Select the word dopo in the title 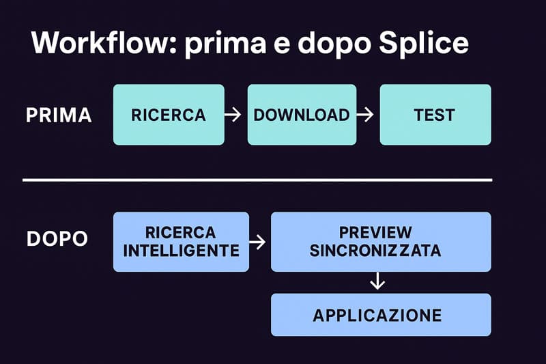pos(322,44)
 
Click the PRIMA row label pos(59,115)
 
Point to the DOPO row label pos(57,240)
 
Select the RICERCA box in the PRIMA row pos(169,115)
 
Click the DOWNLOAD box pos(302,115)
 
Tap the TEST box pos(435,115)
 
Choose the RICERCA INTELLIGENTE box pos(181,242)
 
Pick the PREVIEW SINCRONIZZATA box pos(381,242)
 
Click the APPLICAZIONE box pos(381,315)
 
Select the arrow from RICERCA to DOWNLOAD pos(233,115)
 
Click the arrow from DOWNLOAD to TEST pos(366,115)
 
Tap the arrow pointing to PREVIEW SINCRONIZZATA pos(258,242)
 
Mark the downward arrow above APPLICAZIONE pos(376,281)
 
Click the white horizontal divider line pos(257,180)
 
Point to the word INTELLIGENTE pos(181,251)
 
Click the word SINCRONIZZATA pos(375,251)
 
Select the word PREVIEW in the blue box pos(375,232)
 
